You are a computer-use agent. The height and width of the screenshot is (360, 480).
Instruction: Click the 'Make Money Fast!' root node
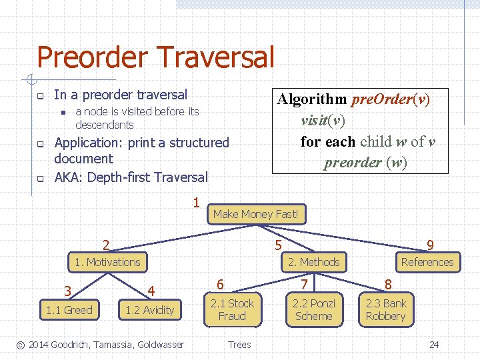[257, 214]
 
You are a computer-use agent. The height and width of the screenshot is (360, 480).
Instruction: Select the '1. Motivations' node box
[107, 262]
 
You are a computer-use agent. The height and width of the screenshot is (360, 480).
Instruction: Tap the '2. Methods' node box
[313, 262]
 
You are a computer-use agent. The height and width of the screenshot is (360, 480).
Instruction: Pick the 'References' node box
[427, 262]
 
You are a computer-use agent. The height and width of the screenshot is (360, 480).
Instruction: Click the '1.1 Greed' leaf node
[69, 309]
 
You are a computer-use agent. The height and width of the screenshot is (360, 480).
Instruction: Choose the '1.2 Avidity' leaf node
[150, 309]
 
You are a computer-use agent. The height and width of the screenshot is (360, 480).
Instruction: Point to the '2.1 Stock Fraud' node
[232, 309]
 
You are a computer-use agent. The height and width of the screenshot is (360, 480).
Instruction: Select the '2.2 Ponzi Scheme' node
[313, 309]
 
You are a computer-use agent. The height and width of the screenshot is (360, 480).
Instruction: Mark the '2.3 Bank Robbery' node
[385, 309]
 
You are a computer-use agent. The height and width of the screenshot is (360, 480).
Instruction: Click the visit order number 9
[430, 246]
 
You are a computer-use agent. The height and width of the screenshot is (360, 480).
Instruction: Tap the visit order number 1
[196, 202]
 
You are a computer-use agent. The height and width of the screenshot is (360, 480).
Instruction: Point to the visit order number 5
[278, 246]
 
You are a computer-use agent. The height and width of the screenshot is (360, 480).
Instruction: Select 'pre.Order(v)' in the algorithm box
[390, 100]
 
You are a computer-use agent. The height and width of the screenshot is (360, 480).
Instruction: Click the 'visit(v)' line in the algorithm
[323, 121]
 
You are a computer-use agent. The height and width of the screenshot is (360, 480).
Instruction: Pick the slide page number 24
[434, 345]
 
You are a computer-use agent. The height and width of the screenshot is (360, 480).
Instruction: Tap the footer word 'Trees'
[239, 345]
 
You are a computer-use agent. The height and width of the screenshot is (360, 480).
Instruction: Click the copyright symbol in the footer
[21, 345]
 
